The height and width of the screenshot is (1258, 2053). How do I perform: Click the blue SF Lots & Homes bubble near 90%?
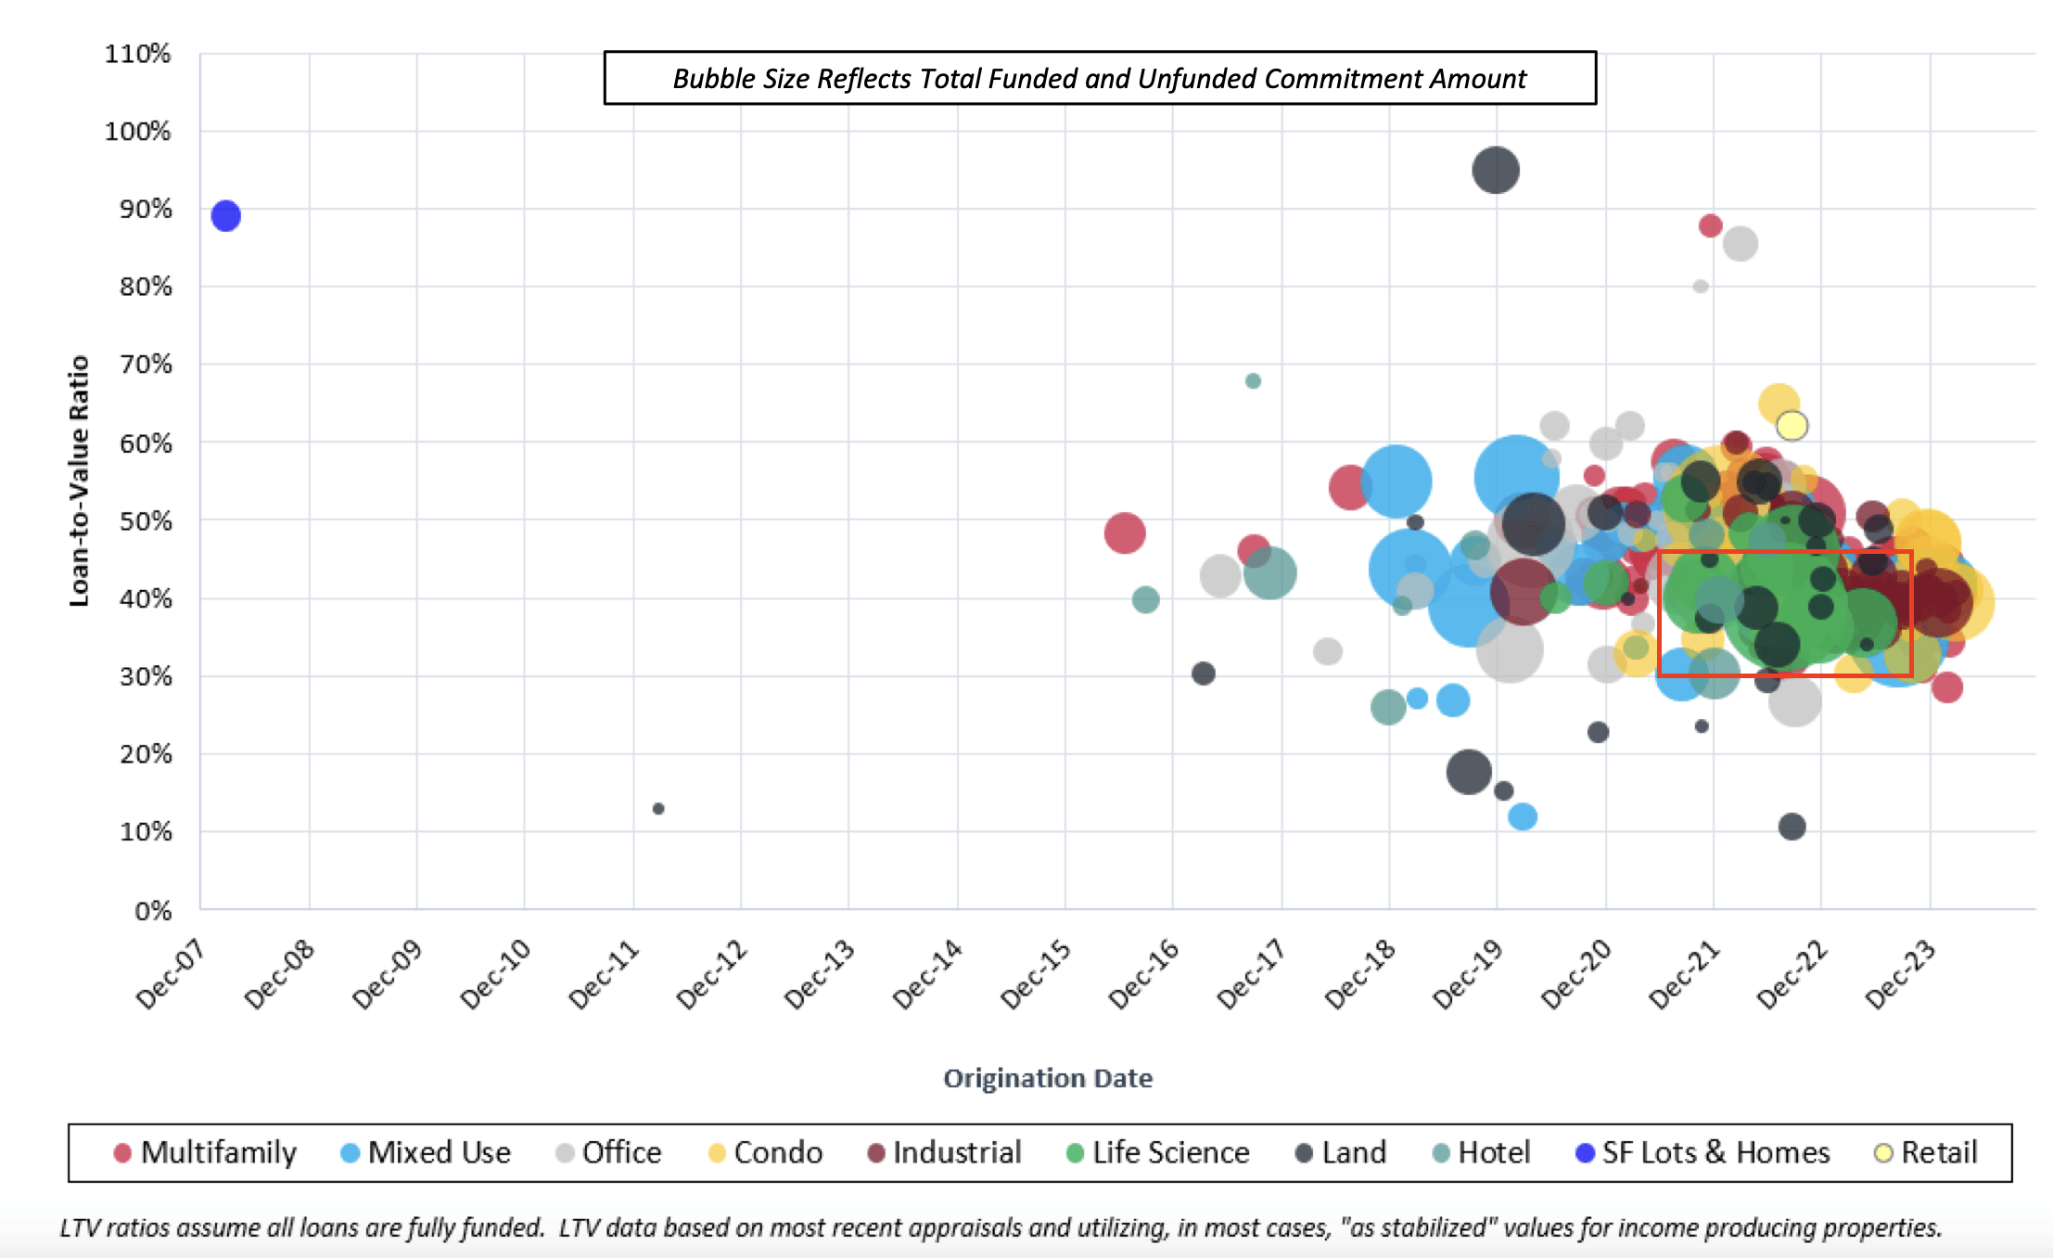[x=225, y=216]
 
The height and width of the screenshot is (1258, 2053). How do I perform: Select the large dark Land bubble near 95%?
[x=1495, y=170]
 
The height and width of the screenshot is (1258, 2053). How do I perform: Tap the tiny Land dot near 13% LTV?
[x=658, y=809]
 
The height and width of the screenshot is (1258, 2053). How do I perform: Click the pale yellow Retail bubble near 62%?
[x=1792, y=426]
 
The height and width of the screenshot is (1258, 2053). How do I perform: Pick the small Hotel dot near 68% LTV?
[x=1253, y=381]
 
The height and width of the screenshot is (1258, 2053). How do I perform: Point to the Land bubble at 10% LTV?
[x=1792, y=827]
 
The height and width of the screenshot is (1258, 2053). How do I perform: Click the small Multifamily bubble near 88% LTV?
[x=1710, y=225]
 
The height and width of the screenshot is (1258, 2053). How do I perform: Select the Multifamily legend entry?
[x=205, y=1152]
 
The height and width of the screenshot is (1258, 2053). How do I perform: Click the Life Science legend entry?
[x=1158, y=1152]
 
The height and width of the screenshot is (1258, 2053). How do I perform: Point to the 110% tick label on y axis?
[x=137, y=54]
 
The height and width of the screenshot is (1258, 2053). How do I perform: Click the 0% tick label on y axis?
[x=153, y=911]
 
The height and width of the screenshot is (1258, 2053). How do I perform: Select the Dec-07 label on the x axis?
[x=172, y=974]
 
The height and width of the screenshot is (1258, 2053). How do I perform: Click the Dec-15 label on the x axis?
[x=1037, y=974]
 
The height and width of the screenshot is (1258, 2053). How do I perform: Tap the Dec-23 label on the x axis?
[x=1901, y=974]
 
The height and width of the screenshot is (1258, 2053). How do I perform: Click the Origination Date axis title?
[x=1048, y=1078]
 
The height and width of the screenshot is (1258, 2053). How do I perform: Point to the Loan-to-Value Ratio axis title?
[x=80, y=481]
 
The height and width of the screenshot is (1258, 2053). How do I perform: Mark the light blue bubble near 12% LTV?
[x=1523, y=816]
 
